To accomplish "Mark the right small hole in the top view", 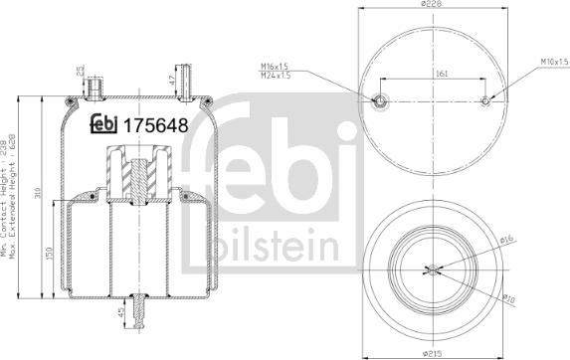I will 484,100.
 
